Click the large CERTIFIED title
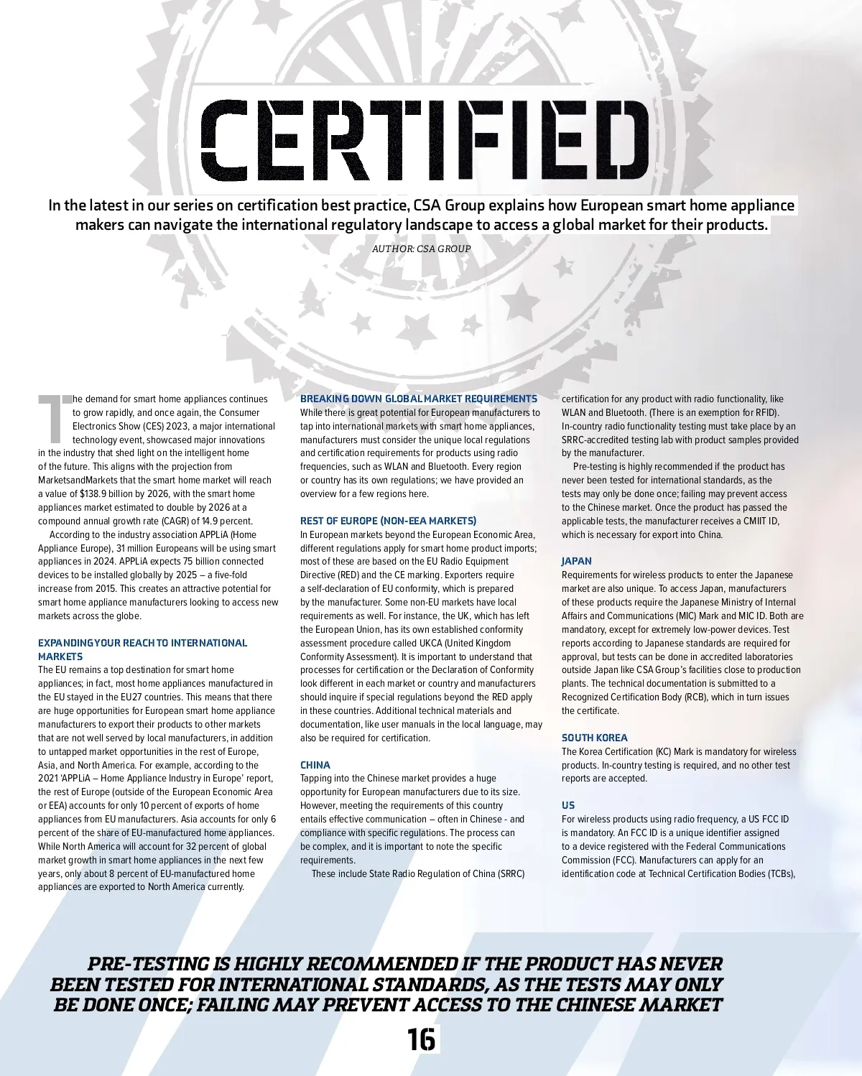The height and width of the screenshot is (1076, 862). [424, 140]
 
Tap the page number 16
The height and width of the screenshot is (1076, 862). [421, 1039]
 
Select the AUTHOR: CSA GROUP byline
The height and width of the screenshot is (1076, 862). [421, 249]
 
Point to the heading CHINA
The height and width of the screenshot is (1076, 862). [315, 765]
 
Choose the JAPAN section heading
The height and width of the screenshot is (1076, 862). [577, 561]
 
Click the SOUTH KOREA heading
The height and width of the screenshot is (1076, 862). [594, 738]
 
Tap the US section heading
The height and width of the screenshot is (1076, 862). [568, 805]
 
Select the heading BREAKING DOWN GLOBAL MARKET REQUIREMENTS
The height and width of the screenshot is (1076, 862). [419, 399]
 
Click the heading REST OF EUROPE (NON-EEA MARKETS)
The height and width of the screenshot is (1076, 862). [388, 521]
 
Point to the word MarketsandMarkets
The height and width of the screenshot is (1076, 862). [78, 480]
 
